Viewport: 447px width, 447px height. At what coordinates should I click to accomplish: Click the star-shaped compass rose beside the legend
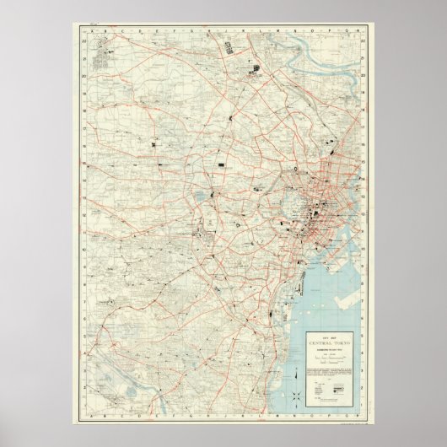click(x=299, y=396)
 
